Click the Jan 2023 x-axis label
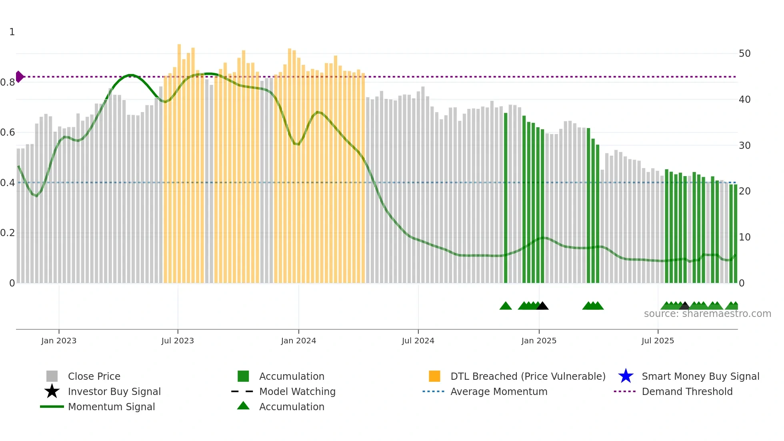(59, 341)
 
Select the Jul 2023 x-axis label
(178, 341)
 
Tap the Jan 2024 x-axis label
(298, 341)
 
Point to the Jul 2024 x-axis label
(418, 341)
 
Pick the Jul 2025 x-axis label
(658, 341)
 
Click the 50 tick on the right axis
(744, 54)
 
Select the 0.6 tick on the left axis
(8, 132)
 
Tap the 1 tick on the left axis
(12, 32)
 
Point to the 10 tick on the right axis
(744, 237)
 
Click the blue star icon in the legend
(626, 376)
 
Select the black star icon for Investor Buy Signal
(52, 391)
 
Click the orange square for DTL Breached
(434, 376)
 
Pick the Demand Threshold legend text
(687, 391)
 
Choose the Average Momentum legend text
(499, 391)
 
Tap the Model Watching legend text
(297, 391)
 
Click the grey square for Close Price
(52, 376)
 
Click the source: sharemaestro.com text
(707, 314)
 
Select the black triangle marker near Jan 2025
(542, 306)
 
